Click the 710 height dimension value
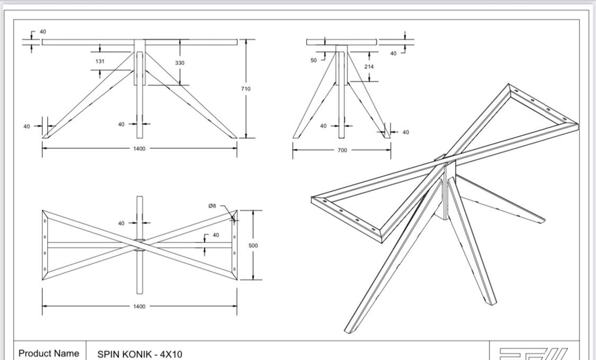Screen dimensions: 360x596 246,89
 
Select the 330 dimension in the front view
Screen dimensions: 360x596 180,62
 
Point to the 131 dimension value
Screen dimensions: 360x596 100,61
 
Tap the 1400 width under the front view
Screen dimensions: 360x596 140,148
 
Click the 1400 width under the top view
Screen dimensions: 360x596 140,306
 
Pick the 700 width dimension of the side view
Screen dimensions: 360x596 342,150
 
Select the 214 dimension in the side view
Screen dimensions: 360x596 369,67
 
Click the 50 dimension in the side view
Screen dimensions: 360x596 314,60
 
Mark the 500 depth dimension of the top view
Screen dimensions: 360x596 253,245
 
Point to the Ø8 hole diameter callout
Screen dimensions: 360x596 213,206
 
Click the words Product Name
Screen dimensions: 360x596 48,353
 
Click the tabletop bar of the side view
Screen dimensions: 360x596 342,42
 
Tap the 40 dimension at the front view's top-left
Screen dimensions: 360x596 42,31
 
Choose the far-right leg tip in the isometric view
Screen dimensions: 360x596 541,220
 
